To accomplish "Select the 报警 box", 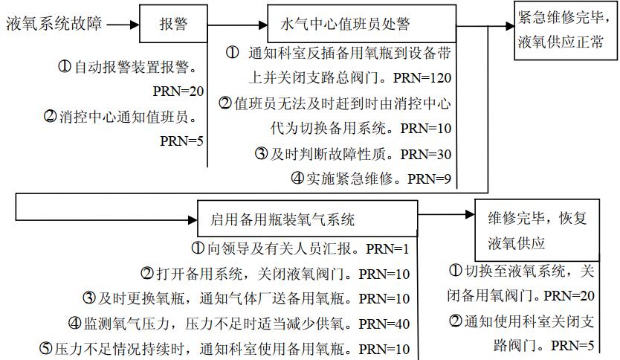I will coord(173,24).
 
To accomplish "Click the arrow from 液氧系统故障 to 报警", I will coord(123,24).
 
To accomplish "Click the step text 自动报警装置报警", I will coord(134,67).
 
